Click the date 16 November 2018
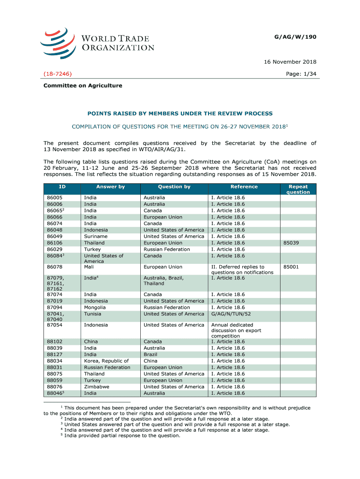[x=290, y=62]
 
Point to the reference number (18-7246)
[x=58, y=74]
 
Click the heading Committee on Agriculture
[x=83, y=86]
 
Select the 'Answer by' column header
[x=110, y=187]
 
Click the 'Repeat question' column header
[x=298, y=189]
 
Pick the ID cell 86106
[x=55, y=243]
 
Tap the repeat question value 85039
[x=291, y=243]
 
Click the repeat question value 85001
[x=291, y=267]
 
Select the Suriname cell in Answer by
[x=95, y=236]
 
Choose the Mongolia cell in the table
[x=94, y=307]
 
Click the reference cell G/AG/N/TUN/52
[x=231, y=314]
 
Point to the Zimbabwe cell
[x=96, y=387]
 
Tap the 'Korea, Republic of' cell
[x=106, y=361]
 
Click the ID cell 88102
[x=55, y=341]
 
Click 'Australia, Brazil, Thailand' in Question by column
[x=164, y=281]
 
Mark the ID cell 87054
[x=55, y=325]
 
